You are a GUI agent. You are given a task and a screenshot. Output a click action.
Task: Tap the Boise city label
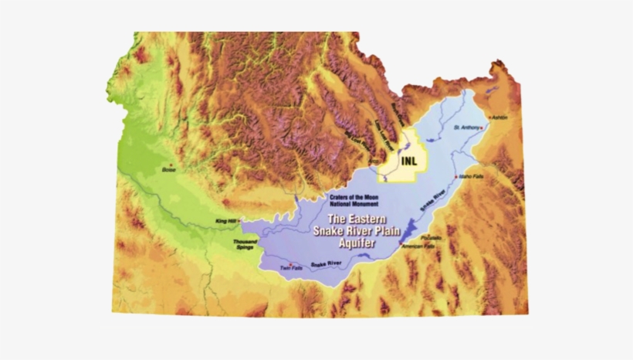point(168,169)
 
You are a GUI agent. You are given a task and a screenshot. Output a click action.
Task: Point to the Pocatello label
point(431,237)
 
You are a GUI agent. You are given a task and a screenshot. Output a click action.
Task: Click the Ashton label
point(500,117)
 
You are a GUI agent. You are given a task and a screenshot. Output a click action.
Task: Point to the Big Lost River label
point(361,142)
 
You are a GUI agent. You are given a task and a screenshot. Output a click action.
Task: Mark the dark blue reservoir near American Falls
point(409,229)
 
